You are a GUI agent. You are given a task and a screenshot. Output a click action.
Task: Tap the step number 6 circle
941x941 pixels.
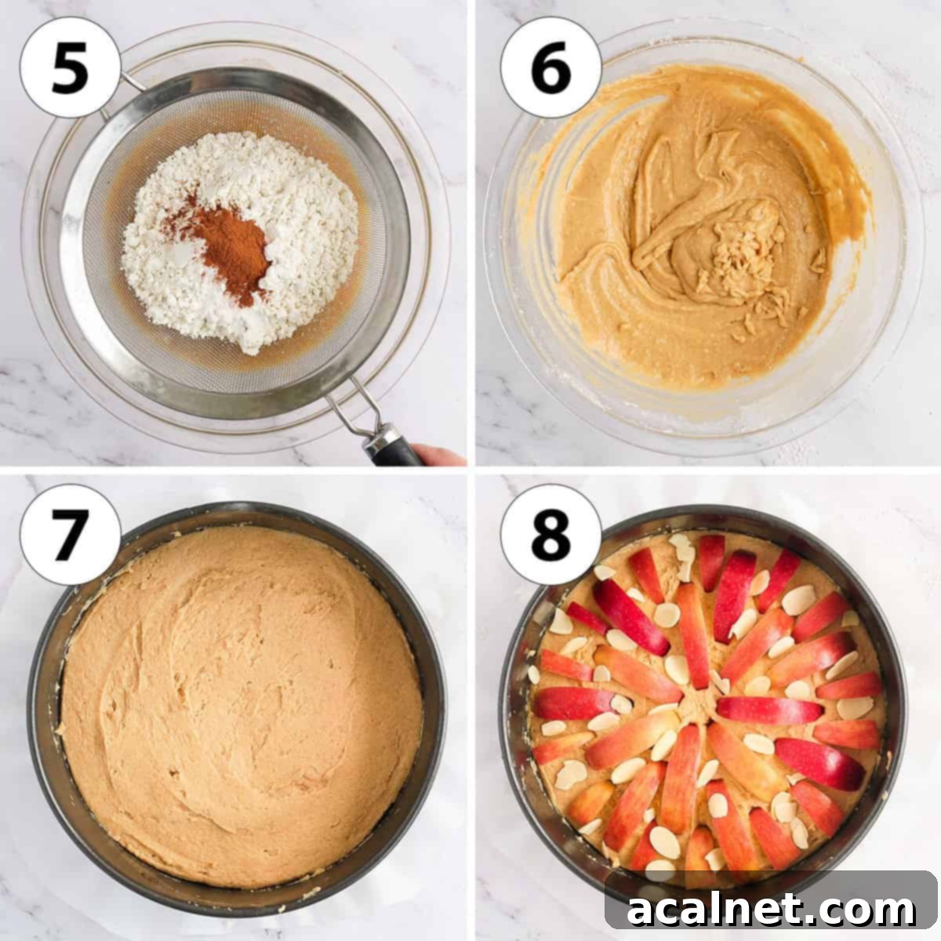click(550, 67)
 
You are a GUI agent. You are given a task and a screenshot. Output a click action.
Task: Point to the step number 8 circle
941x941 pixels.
click(550, 534)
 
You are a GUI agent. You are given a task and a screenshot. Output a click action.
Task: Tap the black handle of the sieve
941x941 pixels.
click(392, 447)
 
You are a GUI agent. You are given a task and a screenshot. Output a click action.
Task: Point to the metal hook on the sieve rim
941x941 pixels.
click(129, 82)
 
